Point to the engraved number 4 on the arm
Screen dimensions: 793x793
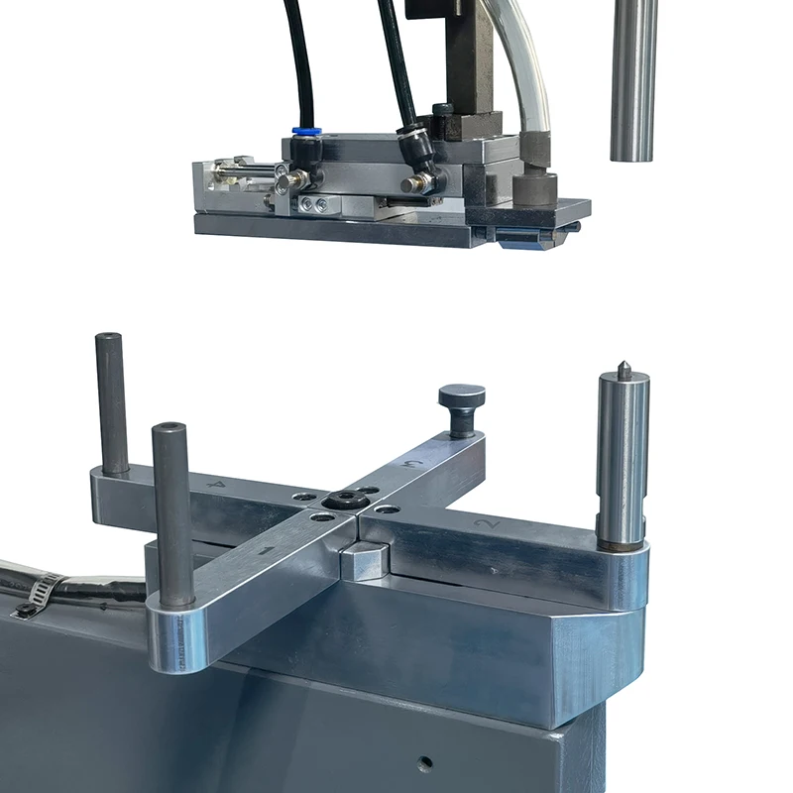(x=218, y=485)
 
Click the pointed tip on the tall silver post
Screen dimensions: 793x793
(x=624, y=368)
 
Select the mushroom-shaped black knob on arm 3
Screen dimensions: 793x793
(x=462, y=396)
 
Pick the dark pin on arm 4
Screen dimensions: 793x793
(x=111, y=401)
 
